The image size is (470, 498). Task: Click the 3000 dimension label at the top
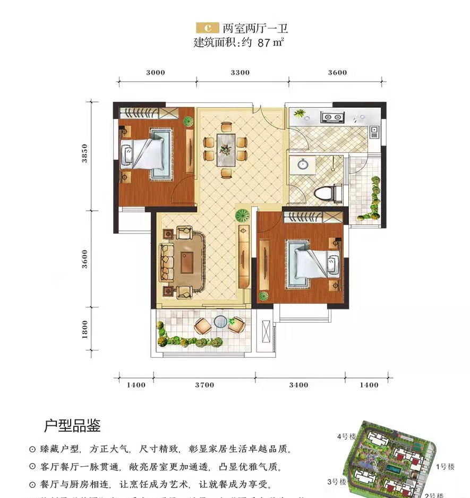(156, 73)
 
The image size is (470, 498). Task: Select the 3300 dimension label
(241, 73)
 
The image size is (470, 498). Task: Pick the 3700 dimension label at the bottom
(204, 385)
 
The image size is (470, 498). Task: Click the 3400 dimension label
(299, 385)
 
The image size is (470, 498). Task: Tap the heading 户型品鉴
(72, 425)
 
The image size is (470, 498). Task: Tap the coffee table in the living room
(187, 262)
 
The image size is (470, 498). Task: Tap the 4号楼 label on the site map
(347, 436)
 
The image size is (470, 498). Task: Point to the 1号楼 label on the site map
(445, 467)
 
